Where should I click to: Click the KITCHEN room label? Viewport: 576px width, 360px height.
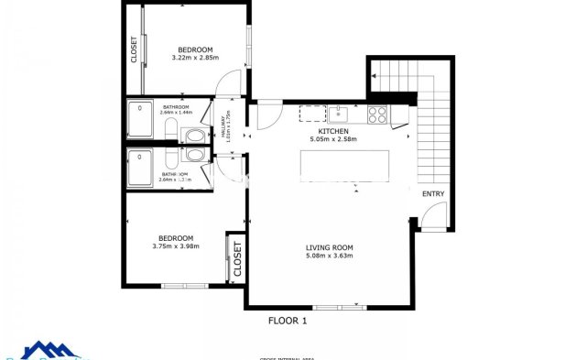pos(328,132)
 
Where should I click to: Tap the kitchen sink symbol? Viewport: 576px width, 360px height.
pos(338,114)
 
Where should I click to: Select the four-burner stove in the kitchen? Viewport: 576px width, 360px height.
pos(376,115)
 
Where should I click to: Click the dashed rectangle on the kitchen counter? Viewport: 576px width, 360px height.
pos(312,114)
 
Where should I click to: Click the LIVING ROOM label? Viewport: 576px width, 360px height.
pos(329,247)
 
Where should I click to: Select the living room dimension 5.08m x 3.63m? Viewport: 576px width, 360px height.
pos(329,256)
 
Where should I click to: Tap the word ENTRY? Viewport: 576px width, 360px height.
pos(433,194)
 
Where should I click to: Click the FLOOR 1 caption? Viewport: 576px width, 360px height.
pos(287,321)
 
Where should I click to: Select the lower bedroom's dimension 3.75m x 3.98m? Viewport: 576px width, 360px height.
pos(176,245)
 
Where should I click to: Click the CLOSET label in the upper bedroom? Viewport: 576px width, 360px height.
pos(134,49)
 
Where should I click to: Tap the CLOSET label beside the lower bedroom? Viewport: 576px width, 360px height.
pos(236,259)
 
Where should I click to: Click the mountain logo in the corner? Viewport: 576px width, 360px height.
pos(50,350)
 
